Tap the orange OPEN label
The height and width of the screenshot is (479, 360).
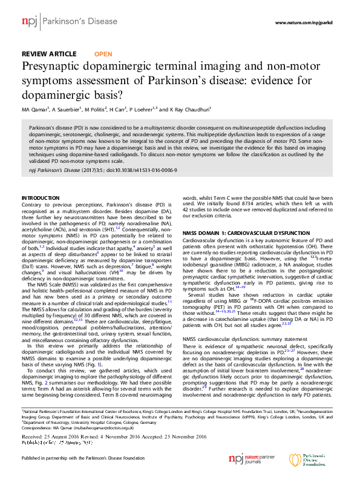click(103, 54)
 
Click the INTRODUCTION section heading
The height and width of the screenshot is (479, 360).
click(41, 199)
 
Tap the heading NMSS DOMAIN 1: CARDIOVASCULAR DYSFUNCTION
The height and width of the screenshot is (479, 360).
click(245, 233)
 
